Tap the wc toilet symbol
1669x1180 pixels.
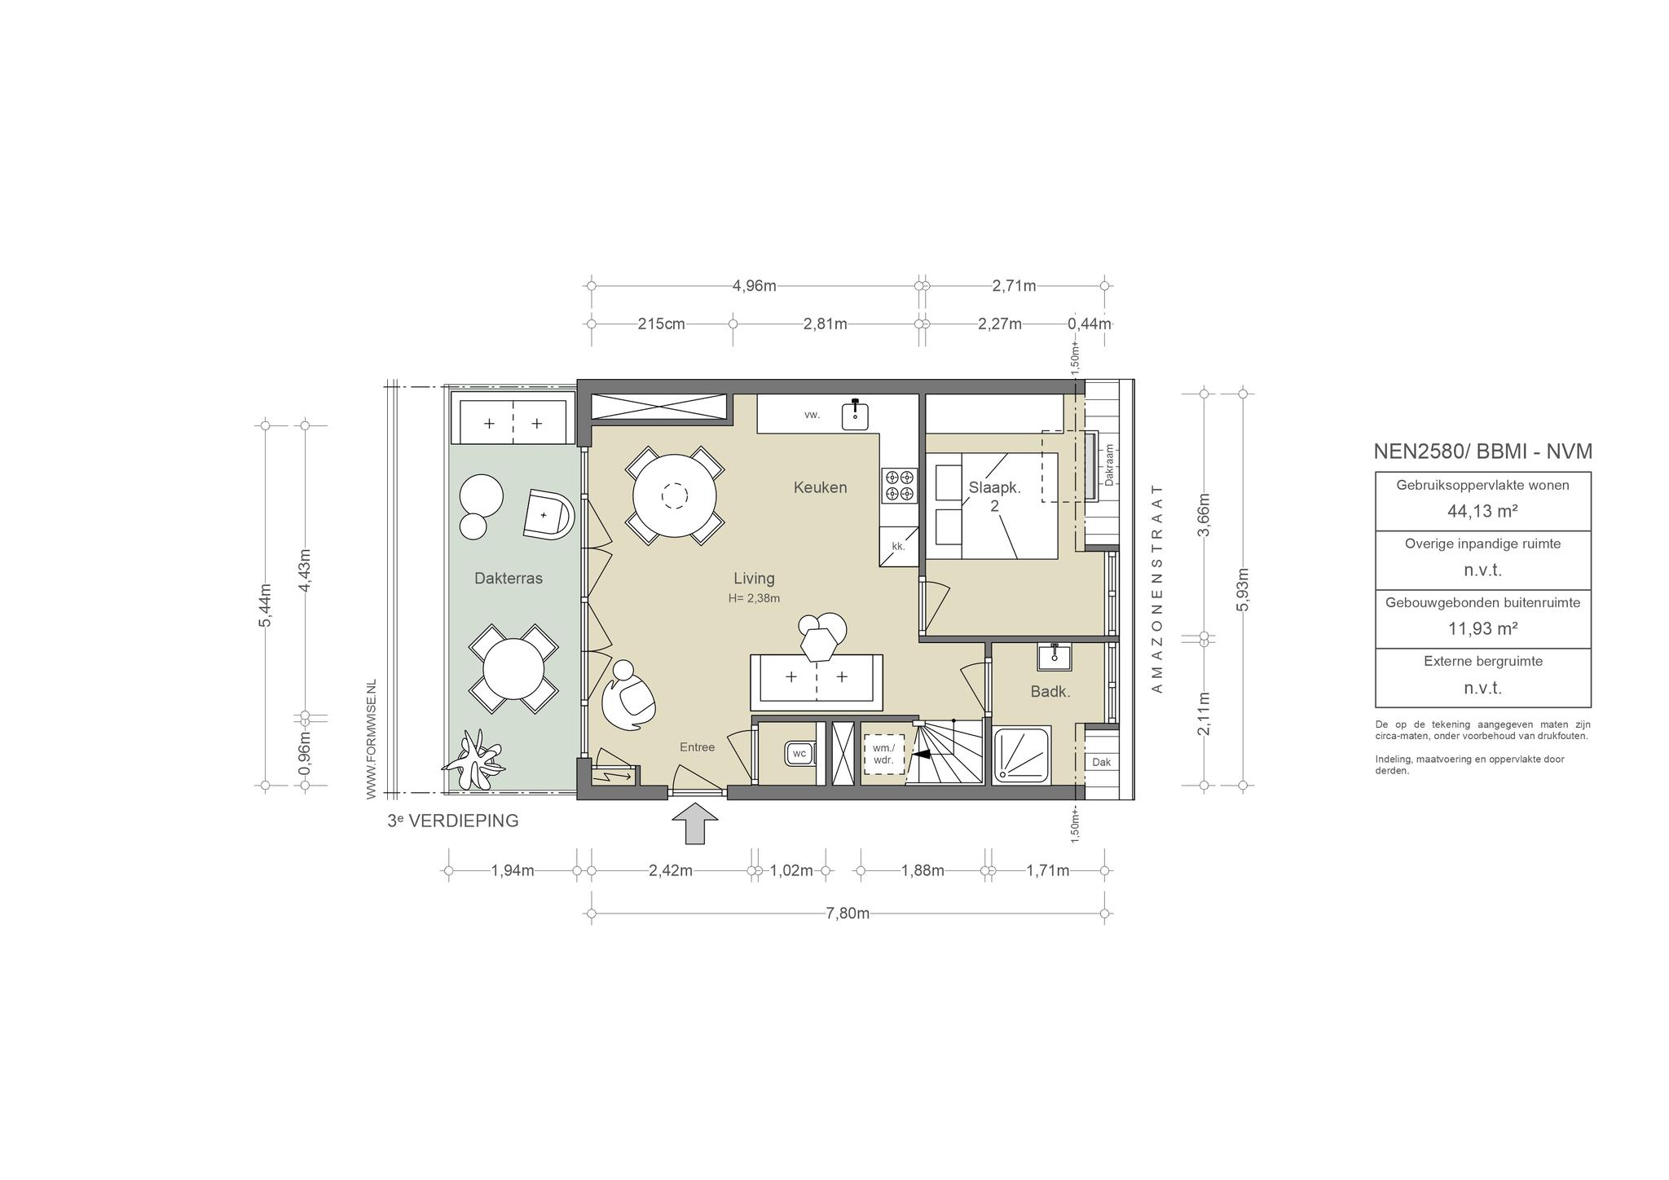click(799, 754)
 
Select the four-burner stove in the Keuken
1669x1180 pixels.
click(899, 485)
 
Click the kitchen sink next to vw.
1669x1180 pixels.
click(855, 414)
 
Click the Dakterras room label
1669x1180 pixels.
click(509, 579)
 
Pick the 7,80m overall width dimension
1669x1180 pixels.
click(848, 914)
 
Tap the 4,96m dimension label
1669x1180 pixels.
click(755, 286)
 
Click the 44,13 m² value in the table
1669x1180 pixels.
click(1482, 511)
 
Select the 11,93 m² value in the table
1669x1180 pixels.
click(1482, 628)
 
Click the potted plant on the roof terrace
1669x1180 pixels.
click(473, 761)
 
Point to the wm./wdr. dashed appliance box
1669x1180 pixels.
click(884, 755)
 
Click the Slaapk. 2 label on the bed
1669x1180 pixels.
click(994, 496)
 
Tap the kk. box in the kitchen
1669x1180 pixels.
click(898, 546)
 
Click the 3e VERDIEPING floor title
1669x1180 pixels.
click(453, 821)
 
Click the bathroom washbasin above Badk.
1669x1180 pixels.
click(1055, 656)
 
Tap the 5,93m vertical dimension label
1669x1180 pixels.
click(1243, 588)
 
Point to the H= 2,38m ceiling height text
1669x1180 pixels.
click(755, 598)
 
